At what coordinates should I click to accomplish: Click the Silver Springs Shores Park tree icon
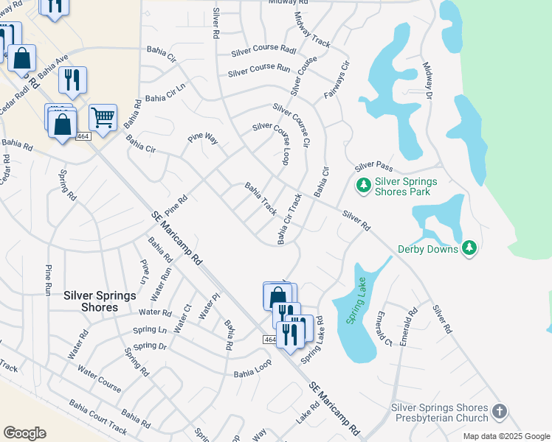click(363, 185)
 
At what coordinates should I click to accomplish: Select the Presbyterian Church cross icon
click(500, 412)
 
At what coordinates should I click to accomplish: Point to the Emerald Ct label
click(382, 328)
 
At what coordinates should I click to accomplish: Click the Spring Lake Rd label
click(314, 336)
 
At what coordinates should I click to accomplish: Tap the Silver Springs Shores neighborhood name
click(100, 301)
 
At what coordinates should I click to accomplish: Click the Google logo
click(24, 433)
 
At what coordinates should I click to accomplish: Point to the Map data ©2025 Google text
click(506, 436)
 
